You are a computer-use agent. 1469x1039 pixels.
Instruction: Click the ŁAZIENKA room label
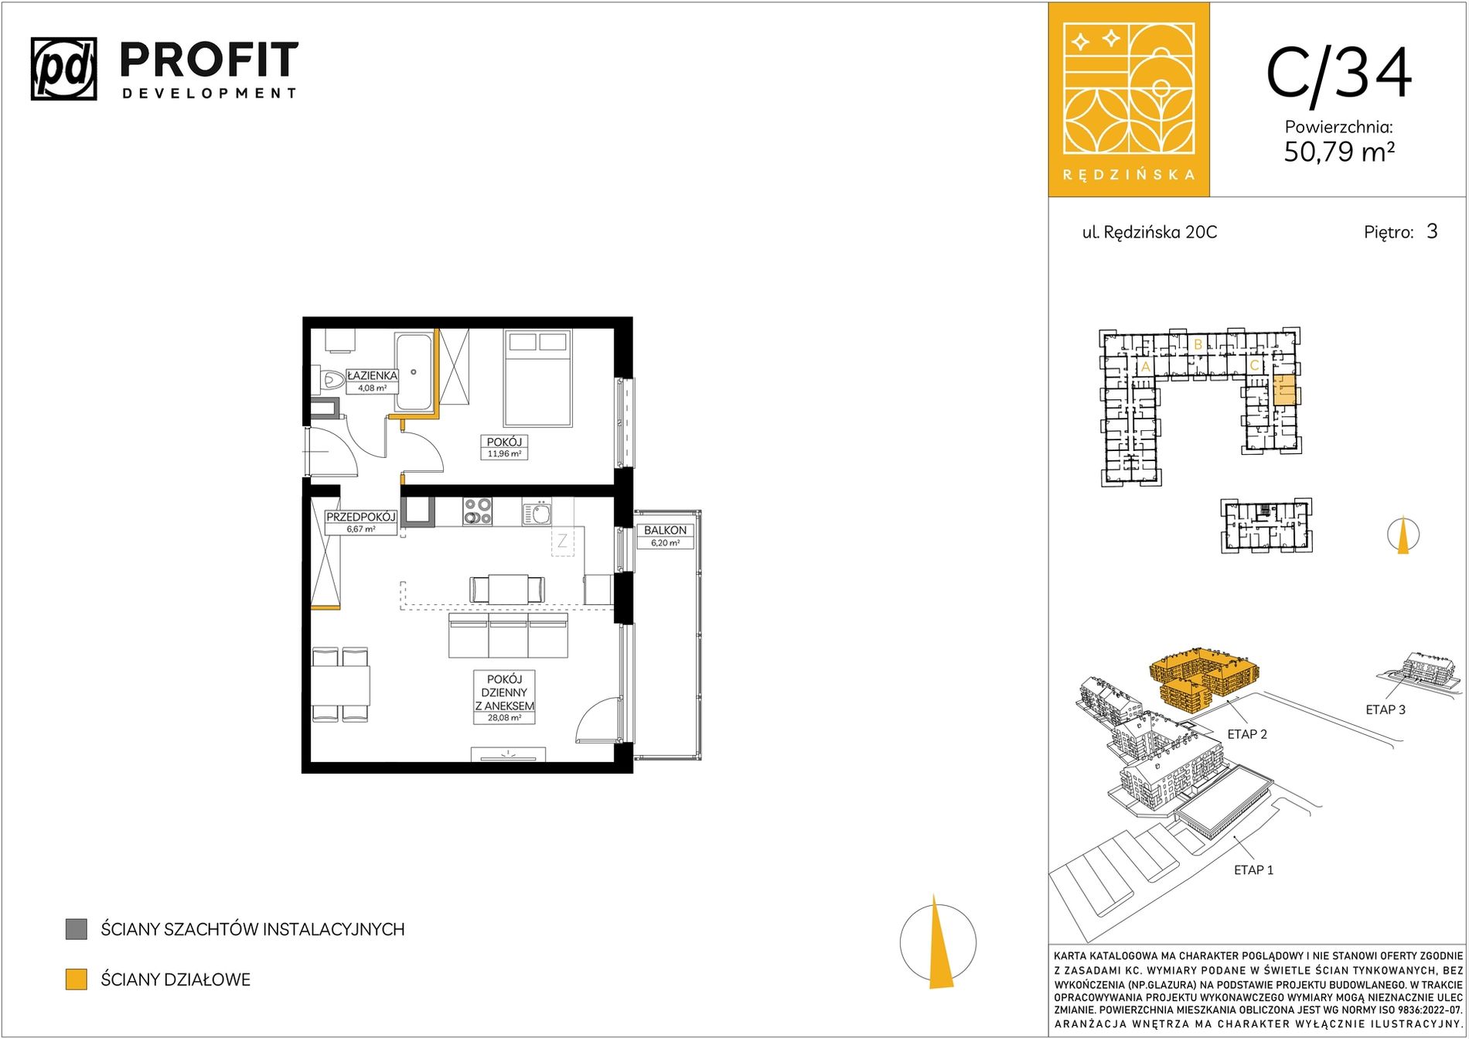pyautogui.click(x=372, y=375)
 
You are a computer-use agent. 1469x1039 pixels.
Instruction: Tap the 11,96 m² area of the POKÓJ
pyautogui.click(x=504, y=454)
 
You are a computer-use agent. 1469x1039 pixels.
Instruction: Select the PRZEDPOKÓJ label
pyautogui.click(x=360, y=517)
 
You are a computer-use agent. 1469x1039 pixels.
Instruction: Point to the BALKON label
pyautogui.click(x=665, y=530)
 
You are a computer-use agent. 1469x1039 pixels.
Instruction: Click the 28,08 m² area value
pyautogui.click(x=504, y=718)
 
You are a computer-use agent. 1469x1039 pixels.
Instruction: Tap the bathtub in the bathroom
pyautogui.click(x=414, y=372)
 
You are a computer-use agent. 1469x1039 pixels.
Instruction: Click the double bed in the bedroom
pyautogui.click(x=538, y=378)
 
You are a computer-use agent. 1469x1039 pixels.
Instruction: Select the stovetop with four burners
pyautogui.click(x=478, y=511)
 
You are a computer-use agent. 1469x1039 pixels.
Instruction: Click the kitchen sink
pyautogui.click(x=537, y=512)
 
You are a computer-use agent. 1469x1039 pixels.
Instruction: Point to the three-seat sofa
pyautogui.click(x=508, y=635)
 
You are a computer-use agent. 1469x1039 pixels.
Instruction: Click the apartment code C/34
pyautogui.click(x=1339, y=73)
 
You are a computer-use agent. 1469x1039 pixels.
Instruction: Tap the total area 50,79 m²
pyautogui.click(x=1339, y=152)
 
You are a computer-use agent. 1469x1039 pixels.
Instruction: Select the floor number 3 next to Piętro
pyautogui.click(x=1432, y=231)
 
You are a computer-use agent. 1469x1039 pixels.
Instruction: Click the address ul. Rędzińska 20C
pyautogui.click(x=1149, y=232)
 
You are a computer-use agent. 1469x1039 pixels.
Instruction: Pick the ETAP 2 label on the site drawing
pyautogui.click(x=1247, y=734)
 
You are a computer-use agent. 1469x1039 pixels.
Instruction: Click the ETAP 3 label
pyautogui.click(x=1385, y=709)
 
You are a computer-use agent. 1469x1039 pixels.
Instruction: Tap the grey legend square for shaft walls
pyautogui.click(x=77, y=929)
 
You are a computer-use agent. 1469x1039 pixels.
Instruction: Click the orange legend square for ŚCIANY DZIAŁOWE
pyautogui.click(x=77, y=979)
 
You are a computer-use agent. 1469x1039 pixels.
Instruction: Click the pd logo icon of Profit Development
pyautogui.click(x=64, y=69)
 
